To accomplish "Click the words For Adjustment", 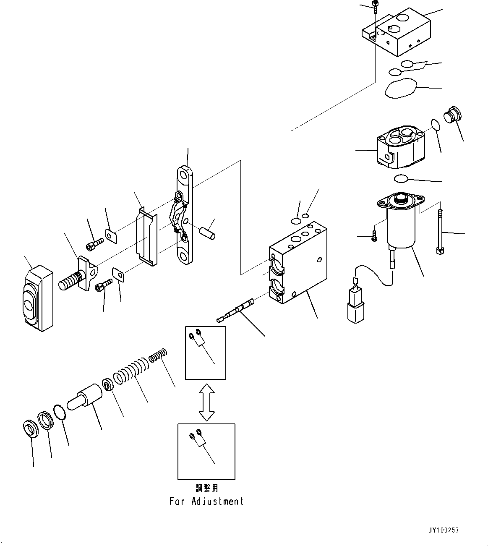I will tap(206, 501).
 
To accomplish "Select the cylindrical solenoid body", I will tap(401, 229).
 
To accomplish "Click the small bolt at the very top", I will tap(375, 6).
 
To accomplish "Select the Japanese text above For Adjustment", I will tap(207, 489).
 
